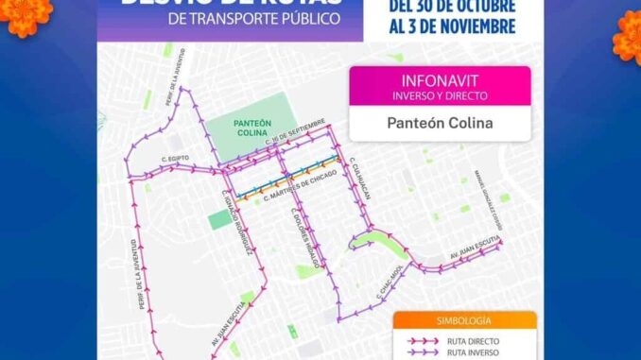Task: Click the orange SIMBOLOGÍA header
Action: pyautogui.click(x=463, y=321)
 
